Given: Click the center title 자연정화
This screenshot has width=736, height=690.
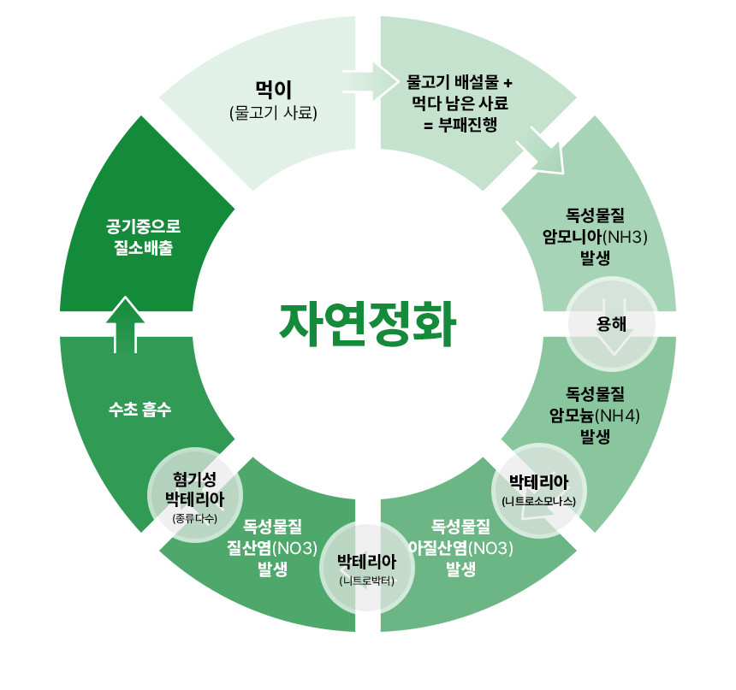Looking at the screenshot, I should tap(367, 321).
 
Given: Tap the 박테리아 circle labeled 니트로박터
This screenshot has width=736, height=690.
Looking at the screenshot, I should tap(366, 569).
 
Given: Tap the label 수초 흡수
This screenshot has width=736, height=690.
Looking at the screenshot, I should tap(140, 409).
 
